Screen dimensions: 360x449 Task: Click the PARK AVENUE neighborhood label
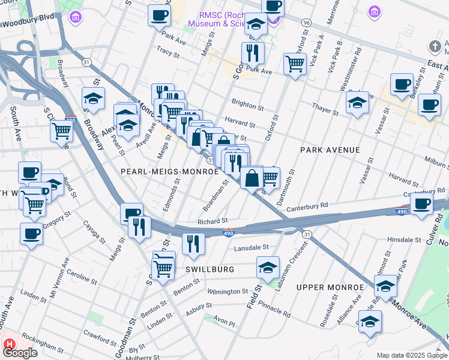pyautogui.click(x=330, y=150)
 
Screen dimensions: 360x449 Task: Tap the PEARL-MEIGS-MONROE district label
pyautogui.click(x=169, y=172)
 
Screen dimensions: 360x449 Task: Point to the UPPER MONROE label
pyautogui.click(x=327, y=287)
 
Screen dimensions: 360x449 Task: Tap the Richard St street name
pyautogui.click(x=212, y=221)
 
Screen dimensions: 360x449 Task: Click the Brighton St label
pyautogui.click(x=248, y=107)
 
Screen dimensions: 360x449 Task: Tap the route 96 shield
pyautogui.click(x=307, y=22)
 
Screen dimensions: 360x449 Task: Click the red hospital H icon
pyautogui.click(x=9, y=344)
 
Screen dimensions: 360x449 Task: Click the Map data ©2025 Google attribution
pyautogui.click(x=411, y=355)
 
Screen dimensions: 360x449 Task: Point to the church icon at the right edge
pyautogui.click(x=435, y=46)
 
